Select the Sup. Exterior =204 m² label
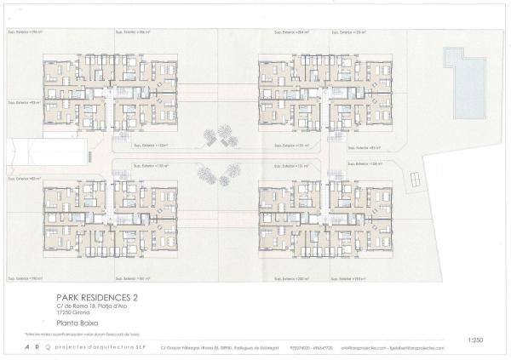pos(292,32)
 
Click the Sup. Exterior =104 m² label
pos(365,161)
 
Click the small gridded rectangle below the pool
pos(415,180)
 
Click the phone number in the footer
pos(301,348)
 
